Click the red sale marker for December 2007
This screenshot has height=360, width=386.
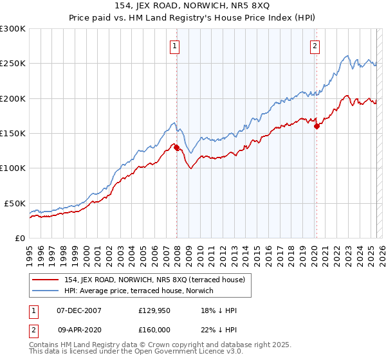[x=176, y=147]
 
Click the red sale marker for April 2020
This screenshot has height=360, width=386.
[x=317, y=127]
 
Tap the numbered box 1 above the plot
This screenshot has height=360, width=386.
[x=175, y=46]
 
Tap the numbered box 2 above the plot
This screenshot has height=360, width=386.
[x=315, y=46]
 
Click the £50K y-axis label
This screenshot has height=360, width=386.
[x=15, y=203]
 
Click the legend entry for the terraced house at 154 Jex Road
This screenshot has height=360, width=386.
[x=153, y=280]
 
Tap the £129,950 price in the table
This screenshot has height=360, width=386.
[x=154, y=310]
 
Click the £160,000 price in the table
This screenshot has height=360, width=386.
[x=154, y=329]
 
